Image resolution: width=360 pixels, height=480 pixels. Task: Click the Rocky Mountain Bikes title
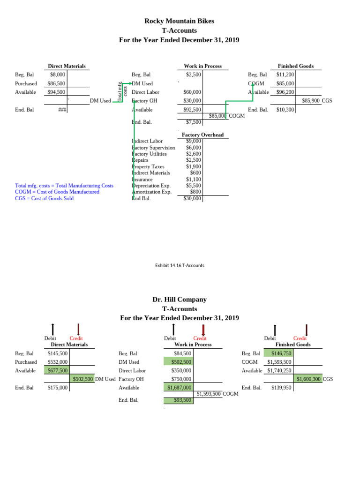(179, 21)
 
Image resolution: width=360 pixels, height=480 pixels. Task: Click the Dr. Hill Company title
(179, 299)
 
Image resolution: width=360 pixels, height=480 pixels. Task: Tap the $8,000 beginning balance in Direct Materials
(58, 74)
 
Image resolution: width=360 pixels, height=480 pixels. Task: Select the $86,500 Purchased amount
(56, 83)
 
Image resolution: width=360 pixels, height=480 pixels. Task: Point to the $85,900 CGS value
(311, 100)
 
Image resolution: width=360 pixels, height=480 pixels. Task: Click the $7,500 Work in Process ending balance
(194, 122)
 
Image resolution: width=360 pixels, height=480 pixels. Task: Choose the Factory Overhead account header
(202, 135)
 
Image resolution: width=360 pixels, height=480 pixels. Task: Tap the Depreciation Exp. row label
(151, 186)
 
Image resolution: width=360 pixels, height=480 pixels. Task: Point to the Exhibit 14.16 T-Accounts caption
(180, 265)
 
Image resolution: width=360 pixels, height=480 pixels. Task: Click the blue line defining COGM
(57, 192)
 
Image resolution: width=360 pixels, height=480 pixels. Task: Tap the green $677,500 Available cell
(58, 370)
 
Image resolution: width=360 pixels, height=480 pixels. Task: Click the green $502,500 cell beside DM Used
(82, 379)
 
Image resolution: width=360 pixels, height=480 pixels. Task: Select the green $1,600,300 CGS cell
(308, 379)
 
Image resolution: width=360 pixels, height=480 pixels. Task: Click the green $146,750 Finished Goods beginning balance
(281, 353)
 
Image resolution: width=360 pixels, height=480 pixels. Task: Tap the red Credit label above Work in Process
(200, 338)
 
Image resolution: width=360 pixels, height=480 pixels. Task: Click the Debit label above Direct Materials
(50, 338)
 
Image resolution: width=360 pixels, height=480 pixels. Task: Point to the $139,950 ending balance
(281, 388)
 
